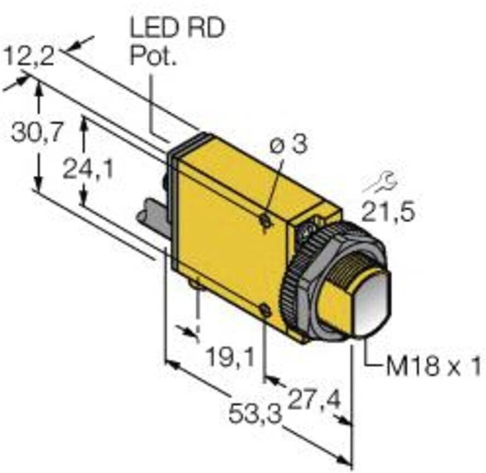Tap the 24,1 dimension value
click(x=88, y=170)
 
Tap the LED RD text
click(x=177, y=29)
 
